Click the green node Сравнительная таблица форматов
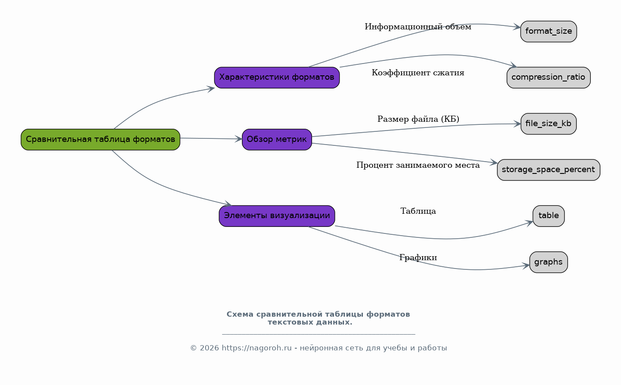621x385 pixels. [100, 140]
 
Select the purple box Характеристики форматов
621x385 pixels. [277, 78]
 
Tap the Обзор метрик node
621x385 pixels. [277, 140]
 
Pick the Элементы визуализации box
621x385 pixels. [277, 216]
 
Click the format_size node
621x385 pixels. [549, 32]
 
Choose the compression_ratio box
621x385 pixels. [549, 78]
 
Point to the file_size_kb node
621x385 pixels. [549, 124]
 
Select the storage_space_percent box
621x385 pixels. [549, 170]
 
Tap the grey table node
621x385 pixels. [549, 216]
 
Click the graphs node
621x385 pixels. [549, 262]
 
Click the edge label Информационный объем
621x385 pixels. [418, 27]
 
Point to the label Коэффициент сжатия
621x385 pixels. [418, 73]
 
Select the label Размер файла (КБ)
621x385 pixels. [418, 119]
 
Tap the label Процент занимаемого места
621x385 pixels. [418, 166]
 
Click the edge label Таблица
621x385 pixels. [418, 212]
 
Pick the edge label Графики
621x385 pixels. [418, 258]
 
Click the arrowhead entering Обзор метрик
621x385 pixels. [238, 139]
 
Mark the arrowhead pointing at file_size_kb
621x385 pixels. [517, 124]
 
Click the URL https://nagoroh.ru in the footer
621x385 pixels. [256, 348]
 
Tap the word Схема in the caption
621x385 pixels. [240, 314]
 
